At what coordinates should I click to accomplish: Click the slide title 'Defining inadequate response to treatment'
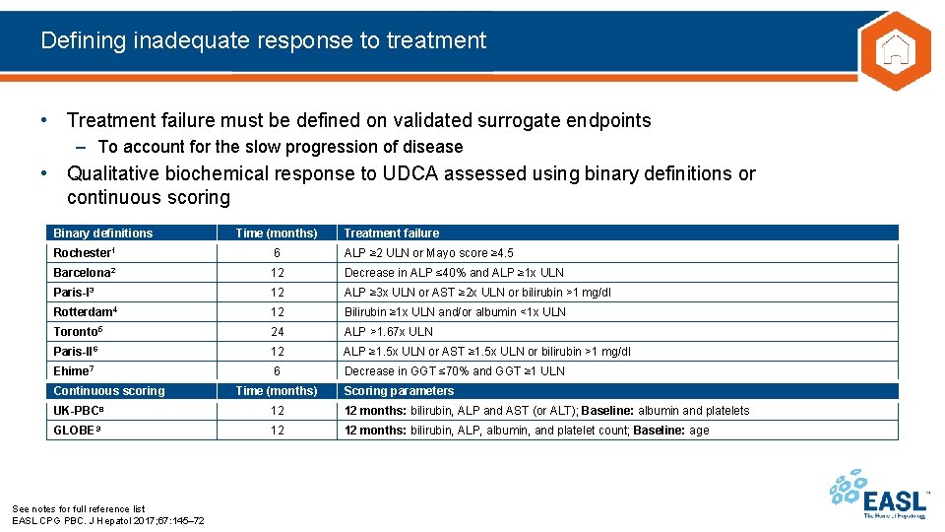pyautogui.click(x=264, y=40)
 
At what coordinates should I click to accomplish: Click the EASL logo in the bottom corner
pyautogui.click(x=880, y=495)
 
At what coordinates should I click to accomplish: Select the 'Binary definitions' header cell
pyautogui.click(x=103, y=233)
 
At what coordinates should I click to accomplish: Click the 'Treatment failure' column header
pyautogui.click(x=391, y=233)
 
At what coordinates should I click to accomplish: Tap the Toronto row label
pyautogui.click(x=78, y=332)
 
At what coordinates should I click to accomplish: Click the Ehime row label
pyautogui.click(x=73, y=371)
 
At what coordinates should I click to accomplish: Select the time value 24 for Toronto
pyautogui.click(x=278, y=332)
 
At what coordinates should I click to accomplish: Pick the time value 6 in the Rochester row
pyautogui.click(x=278, y=253)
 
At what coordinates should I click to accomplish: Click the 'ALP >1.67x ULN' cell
pyautogui.click(x=388, y=332)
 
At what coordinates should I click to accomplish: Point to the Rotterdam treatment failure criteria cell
pyautogui.click(x=455, y=312)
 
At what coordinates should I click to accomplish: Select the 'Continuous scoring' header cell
pyautogui.click(x=109, y=391)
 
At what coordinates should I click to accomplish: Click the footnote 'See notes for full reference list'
pyautogui.click(x=78, y=509)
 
